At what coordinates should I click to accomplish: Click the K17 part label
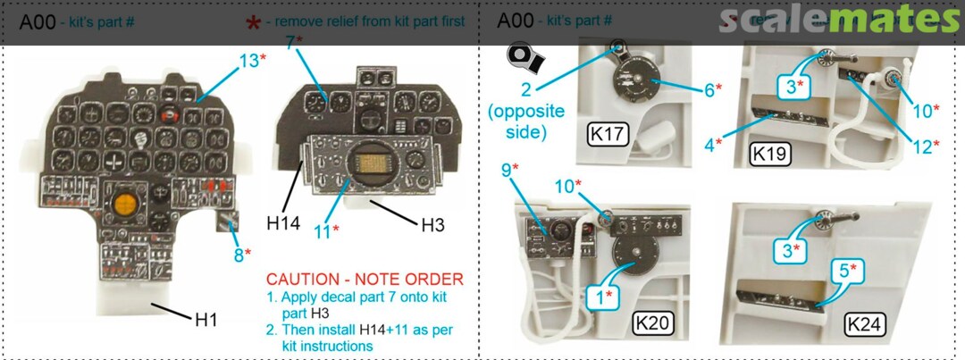[609, 136]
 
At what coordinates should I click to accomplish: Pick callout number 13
[249, 60]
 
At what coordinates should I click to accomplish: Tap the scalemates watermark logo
[839, 19]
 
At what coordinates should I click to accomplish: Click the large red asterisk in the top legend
[253, 21]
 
